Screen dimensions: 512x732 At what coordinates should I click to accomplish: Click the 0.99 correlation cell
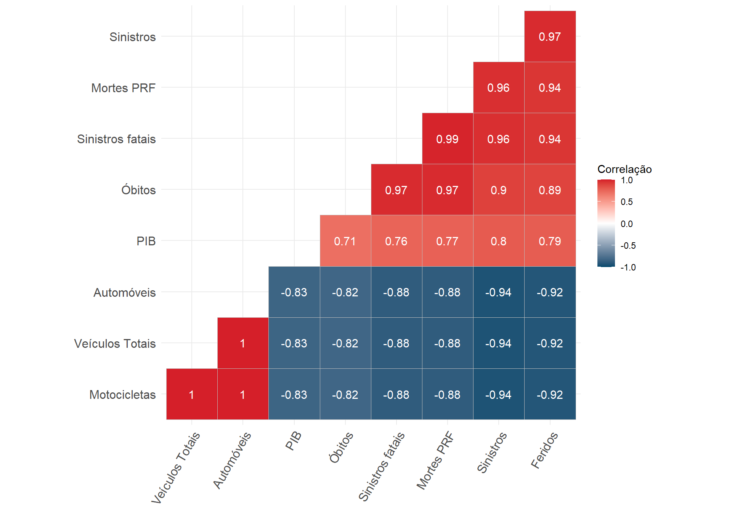coord(447,139)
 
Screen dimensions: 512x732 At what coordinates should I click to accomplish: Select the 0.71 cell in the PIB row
coord(345,241)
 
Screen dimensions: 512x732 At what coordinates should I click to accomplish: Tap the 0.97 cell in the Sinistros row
coord(550,37)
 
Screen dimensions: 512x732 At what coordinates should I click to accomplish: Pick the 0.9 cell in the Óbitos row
coord(498,190)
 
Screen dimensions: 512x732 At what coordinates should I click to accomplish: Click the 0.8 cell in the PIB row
coord(498,241)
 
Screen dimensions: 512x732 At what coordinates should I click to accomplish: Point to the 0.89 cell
coord(550,190)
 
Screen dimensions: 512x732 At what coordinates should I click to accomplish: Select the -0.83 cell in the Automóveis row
coord(294,292)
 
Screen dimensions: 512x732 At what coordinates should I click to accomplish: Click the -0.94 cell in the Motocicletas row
coord(498,395)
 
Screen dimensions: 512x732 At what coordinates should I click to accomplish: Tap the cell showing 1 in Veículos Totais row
coord(243,343)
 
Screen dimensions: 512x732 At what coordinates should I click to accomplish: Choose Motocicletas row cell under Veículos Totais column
coord(192,395)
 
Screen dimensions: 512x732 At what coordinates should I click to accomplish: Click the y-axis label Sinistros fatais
coord(116,139)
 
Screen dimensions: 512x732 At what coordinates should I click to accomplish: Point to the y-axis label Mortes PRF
coord(123,88)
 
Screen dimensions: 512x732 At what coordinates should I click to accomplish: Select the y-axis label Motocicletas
coord(122,395)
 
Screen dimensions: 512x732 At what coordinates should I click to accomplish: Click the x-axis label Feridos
coord(544,450)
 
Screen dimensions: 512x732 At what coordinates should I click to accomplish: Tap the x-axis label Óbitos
coord(341,447)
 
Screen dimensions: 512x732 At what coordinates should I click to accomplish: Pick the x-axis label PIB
coord(294,441)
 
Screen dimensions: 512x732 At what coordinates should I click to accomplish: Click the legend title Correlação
coord(624,169)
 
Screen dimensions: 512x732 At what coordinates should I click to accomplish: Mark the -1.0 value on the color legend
coord(628,267)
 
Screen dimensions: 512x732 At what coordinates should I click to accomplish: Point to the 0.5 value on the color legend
coord(626,202)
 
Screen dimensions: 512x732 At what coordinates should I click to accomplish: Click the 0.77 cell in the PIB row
coord(447,241)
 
